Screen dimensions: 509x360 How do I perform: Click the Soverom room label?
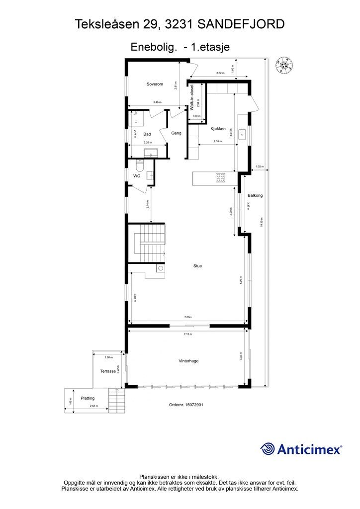tap(155, 84)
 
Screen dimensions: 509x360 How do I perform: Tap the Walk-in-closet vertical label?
tap(192, 97)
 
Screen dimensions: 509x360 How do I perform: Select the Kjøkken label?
tap(218, 129)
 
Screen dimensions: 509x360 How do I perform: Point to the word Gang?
tap(176, 133)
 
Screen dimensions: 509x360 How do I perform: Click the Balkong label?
tap(255, 195)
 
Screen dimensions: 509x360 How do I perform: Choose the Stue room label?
tap(198, 266)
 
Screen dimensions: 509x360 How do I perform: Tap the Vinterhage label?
tap(188, 361)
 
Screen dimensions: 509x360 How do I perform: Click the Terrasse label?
tap(108, 371)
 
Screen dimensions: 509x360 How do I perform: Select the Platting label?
tap(88, 398)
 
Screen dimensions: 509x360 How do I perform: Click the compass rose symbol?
tap(284, 65)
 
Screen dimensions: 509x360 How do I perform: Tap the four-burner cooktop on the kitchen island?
tap(221, 177)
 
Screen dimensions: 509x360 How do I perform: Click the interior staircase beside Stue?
tap(147, 242)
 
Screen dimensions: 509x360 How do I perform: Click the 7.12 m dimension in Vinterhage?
tap(187, 334)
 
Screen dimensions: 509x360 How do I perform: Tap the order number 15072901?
tap(186, 405)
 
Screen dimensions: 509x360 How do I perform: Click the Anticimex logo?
tap(301, 449)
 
